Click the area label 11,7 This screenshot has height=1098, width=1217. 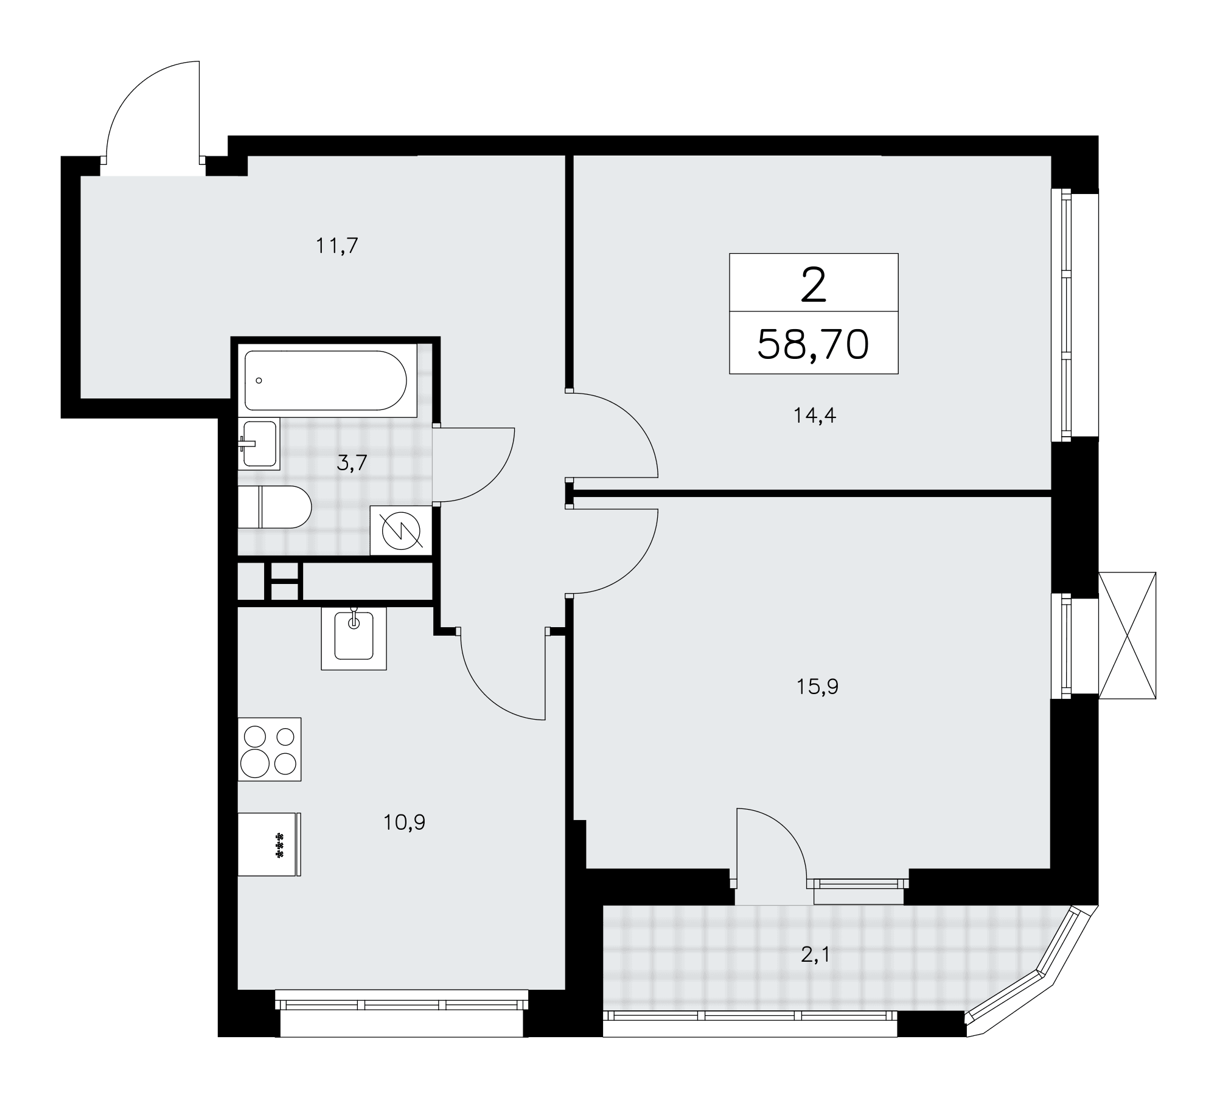(x=337, y=246)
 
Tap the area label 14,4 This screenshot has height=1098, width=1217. (x=815, y=415)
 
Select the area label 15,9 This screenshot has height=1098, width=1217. (x=817, y=687)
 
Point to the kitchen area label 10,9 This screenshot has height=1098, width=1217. (x=404, y=822)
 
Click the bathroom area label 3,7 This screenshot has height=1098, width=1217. (x=352, y=464)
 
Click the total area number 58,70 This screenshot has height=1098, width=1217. (x=813, y=344)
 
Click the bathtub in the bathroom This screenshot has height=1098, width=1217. (x=326, y=381)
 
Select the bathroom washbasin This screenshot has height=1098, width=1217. (x=259, y=444)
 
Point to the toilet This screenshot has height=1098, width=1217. (x=274, y=507)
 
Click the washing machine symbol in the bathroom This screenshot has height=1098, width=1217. (x=401, y=530)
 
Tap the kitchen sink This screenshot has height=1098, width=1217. (x=354, y=638)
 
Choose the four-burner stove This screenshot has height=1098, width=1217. (x=270, y=749)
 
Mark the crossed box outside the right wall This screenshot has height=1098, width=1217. (x=1127, y=635)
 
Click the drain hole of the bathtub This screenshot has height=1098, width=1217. (x=259, y=380)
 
